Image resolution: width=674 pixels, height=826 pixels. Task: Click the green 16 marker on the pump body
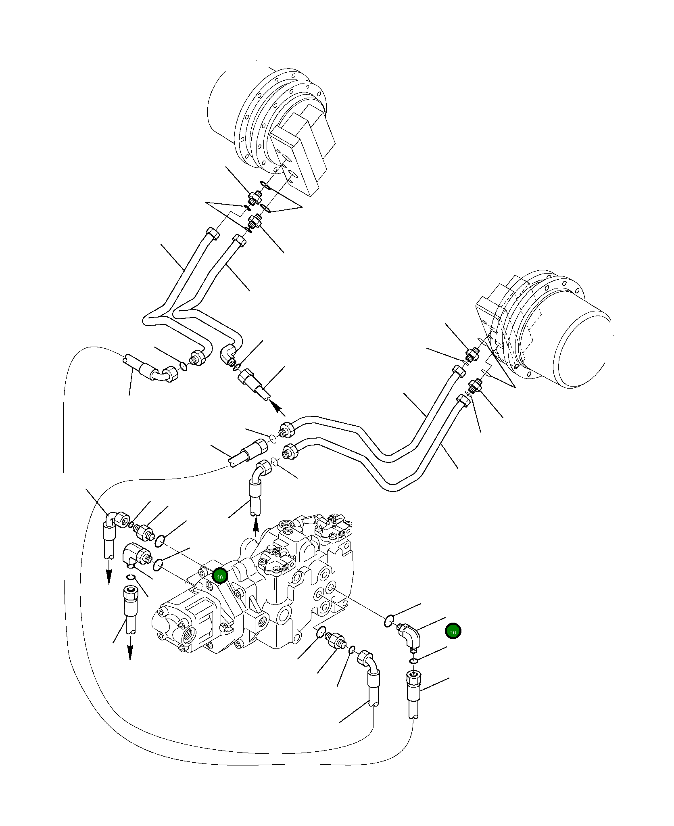(220, 577)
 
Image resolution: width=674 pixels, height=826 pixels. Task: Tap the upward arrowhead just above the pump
(255, 526)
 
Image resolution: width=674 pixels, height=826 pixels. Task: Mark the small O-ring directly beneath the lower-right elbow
(413, 661)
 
